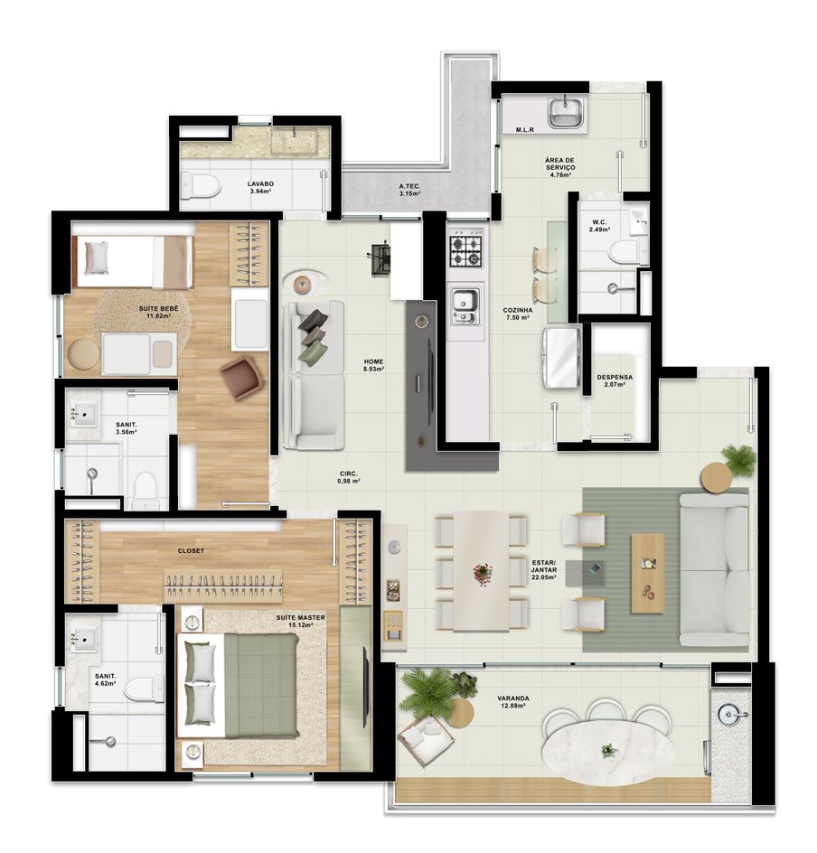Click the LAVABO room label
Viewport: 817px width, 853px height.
pyautogui.click(x=260, y=183)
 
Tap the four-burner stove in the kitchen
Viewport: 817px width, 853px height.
pyautogui.click(x=465, y=251)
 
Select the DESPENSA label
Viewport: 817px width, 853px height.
pyautogui.click(x=615, y=377)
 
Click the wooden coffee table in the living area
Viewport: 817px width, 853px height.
pyautogui.click(x=648, y=573)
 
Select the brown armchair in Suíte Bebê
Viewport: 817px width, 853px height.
pyautogui.click(x=241, y=377)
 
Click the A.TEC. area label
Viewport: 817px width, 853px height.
pyautogui.click(x=409, y=186)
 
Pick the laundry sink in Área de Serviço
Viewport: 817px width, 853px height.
pyautogui.click(x=566, y=112)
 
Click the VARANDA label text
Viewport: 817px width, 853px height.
pyautogui.click(x=513, y=698)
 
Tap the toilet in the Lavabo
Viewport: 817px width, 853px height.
pyautogui.click(x=201, y=185)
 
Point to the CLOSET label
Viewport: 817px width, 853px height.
pyautogui.click(x=191, y=550)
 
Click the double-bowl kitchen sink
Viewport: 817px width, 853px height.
pyautogui.click(x=466, y=306)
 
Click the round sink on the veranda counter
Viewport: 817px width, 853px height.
pyautogui.click(x=728, y=715)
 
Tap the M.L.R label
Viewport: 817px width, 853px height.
pyautogui.click(x=525, y=130)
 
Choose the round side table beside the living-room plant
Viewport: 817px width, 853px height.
pyautogui.click(x=717, y=478)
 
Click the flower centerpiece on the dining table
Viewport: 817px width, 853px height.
pyautogui.click(x=482, y=573)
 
